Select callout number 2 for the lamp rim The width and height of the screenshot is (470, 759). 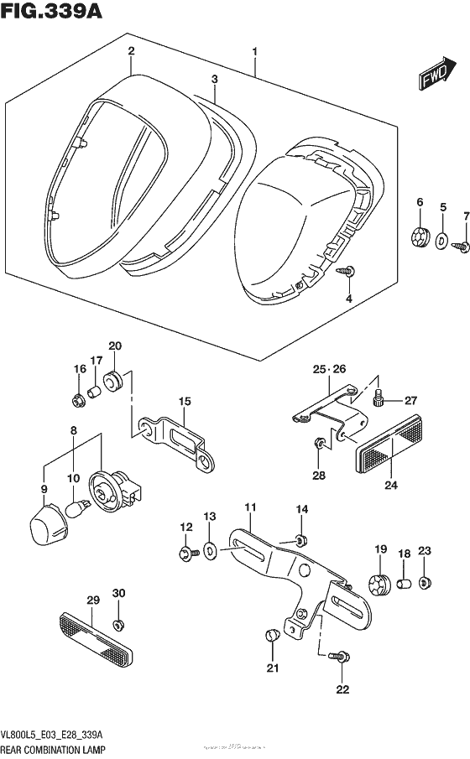(x=131, y=52)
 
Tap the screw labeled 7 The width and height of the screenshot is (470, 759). (x=461, y=247)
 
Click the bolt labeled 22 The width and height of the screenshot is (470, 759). (x=341, y=658)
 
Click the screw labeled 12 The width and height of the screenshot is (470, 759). (x=187, y=552)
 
